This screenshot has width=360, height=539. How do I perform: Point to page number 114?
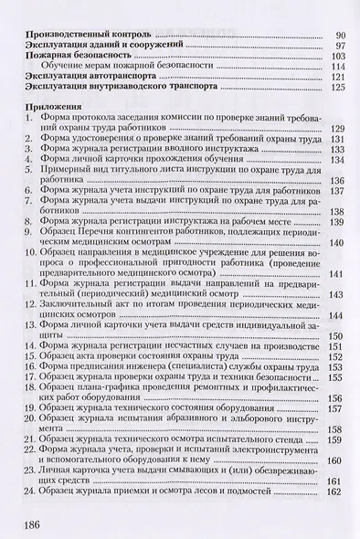(x=336, y=68)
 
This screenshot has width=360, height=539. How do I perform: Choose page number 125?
(x=336, y=90)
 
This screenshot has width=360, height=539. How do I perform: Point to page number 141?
(x=336, y=274)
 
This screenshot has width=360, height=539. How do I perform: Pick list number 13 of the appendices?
(x=27, y=324)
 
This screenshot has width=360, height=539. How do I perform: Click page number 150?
(x=336, y=336)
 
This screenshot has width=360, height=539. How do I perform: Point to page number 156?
(x=336, y=397)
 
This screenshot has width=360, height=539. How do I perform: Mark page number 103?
(x=336, y=57)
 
